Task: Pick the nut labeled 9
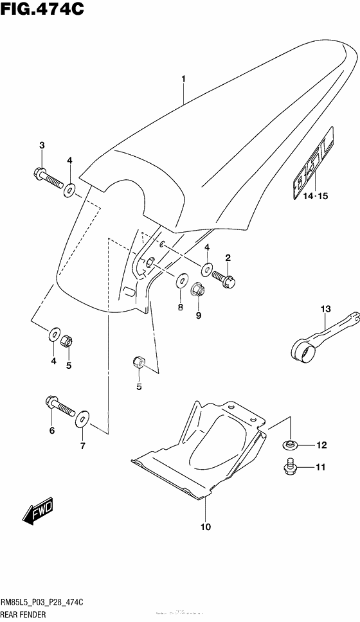pyautogui.click(x=199, y=291)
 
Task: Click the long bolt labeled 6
pyautogui.click(x=57, y=405)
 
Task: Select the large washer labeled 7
pyautogui.click(x=82, y=420)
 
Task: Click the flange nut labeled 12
pyautogui.click(x=291, y=444)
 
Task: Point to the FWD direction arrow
pyautogui.click(x=39, y=512)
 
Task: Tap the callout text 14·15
pyautogui.click(x=310, y=197)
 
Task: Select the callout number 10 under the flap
pyautogui.click(x=205, y=527)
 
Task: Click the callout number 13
pyautogui.click(x=325, y=310)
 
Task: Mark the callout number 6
pyautogui.click(x=52, y=431)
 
